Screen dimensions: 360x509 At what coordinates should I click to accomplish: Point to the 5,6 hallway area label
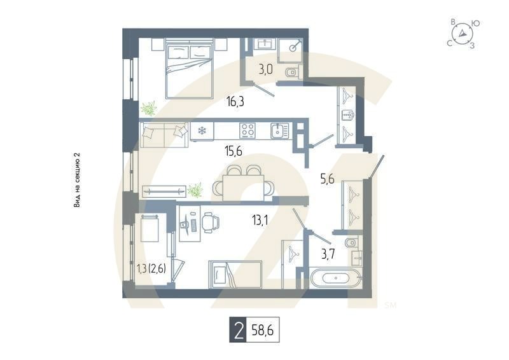pos(327,179)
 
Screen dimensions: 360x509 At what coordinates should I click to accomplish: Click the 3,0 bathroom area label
pos(265,70)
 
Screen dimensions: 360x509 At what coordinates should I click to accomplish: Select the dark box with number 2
pos(238,331)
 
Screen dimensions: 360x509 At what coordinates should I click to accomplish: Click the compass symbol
pos(463,34)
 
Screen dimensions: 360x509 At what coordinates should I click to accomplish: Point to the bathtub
pos(336,278)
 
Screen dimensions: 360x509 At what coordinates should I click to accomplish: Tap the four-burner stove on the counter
pos(247,131)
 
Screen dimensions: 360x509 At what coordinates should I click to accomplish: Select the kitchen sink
pos(279,131)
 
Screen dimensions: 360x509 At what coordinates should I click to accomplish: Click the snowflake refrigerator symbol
pos(202,131)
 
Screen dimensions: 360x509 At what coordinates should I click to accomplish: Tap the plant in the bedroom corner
pos(149,109)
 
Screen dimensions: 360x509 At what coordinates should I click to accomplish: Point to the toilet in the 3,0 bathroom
pos(291,73)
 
